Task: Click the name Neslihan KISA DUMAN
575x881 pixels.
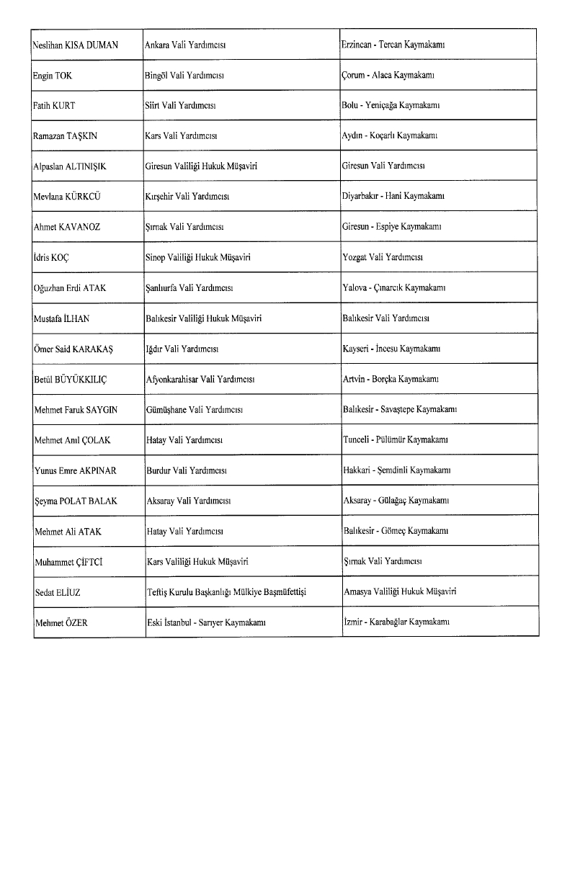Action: coord(75,45)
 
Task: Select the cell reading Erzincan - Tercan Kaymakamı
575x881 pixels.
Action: coord(393,45)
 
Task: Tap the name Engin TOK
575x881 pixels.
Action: coord(53,75)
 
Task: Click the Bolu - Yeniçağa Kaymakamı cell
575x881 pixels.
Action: coord(391,105)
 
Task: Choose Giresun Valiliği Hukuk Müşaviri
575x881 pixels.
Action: coord(201,166)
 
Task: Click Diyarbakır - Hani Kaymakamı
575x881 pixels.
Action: coord(393,196)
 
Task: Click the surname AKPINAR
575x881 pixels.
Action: coord(97,470)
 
